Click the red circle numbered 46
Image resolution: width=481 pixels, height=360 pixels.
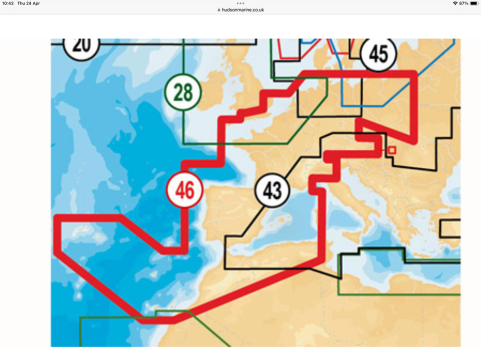click(184, 190)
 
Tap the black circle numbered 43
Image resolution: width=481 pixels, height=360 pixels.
click(272, 191)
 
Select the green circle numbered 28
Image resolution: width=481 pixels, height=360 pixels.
click(183, 92)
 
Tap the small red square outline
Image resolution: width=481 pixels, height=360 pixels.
click(392, 150)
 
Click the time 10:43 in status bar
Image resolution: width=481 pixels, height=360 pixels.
click(9, 4)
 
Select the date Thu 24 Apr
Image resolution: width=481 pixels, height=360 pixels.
click(29, 4)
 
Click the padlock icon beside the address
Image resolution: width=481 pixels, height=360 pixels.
click(219, 10)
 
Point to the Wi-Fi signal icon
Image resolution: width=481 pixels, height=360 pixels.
click(455, 4)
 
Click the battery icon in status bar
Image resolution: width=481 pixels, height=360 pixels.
click(474, 4)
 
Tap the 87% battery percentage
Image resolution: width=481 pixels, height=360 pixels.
click(463, 4)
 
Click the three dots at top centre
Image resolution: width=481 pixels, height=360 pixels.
click(241, 3)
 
